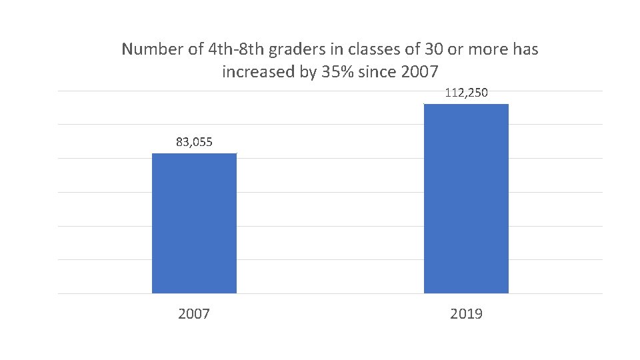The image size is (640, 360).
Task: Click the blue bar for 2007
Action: point(194,223)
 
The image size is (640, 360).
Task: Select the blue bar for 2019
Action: point(466,199)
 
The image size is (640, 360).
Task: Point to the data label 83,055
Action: point(194,141)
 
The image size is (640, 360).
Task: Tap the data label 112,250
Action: point(466,93)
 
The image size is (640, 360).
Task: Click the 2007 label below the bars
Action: point(194,313)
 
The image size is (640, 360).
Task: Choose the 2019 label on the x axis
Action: point(466,313)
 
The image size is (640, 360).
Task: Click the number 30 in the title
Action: point(407,49)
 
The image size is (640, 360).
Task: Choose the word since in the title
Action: point(378,71)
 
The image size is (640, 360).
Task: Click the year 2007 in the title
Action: point(421,71)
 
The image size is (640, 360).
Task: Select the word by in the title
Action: point(308,71)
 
